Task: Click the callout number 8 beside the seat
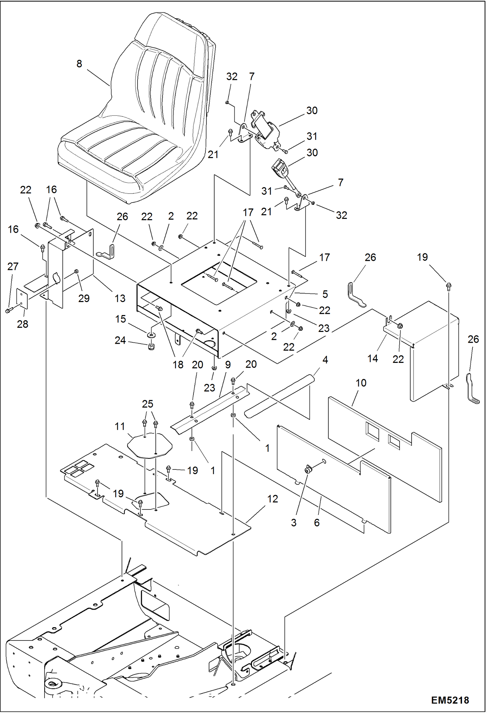click(x=79, y=64)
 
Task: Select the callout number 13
click(x=120, y=298)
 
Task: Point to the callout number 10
click(x=361, y=383)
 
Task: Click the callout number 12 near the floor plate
click(x=272, y=499)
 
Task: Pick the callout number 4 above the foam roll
click(x=325, y=360)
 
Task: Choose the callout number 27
click(x=13, y=267)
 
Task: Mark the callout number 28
click(x=22, y=324)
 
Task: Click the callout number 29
click(x=84, y=298)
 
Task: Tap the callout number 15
click(x=120, y=319)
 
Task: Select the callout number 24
click(x=120, y=340)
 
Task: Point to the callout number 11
click(x=120, y=426)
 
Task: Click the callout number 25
click(x=148, y=404)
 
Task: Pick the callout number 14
click(x=373, y=359)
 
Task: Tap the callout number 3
click(x=294, y=522)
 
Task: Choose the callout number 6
click(x=317, y=522)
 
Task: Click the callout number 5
click(x=325, y=294)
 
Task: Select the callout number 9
click(x=228, y=365)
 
